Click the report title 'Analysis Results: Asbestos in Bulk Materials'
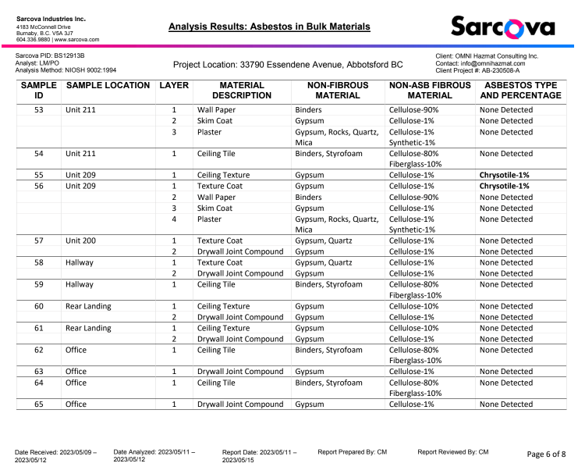tap(269, 27)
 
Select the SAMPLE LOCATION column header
tap(108, 85)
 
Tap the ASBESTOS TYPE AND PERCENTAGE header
tap(520, 90)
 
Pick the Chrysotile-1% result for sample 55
tap(505, 176)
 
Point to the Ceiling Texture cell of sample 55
tap(223, 176)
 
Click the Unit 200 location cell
tap(80, 241)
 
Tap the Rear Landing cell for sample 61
tap(88, 329)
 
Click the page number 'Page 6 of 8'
tap(546, 454)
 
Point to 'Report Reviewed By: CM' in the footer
tap(452, 452)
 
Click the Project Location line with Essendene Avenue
tap(288, 65)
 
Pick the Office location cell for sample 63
tap(76, 372)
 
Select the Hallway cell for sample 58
tap(79, 263)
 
